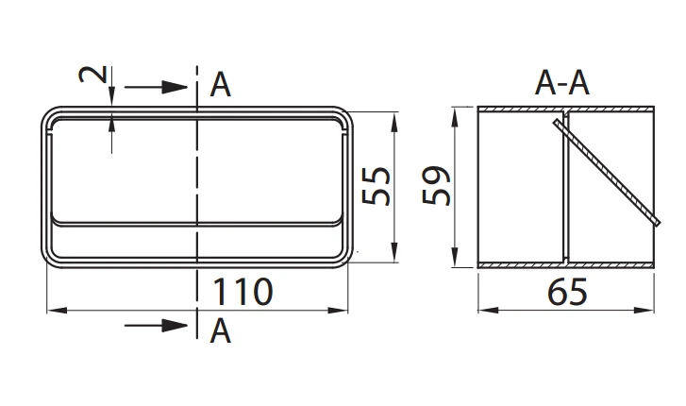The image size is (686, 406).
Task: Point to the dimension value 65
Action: point(565,292)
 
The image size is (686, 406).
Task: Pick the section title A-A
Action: point(562,84)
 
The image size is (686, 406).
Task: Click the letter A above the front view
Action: point(221,86)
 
